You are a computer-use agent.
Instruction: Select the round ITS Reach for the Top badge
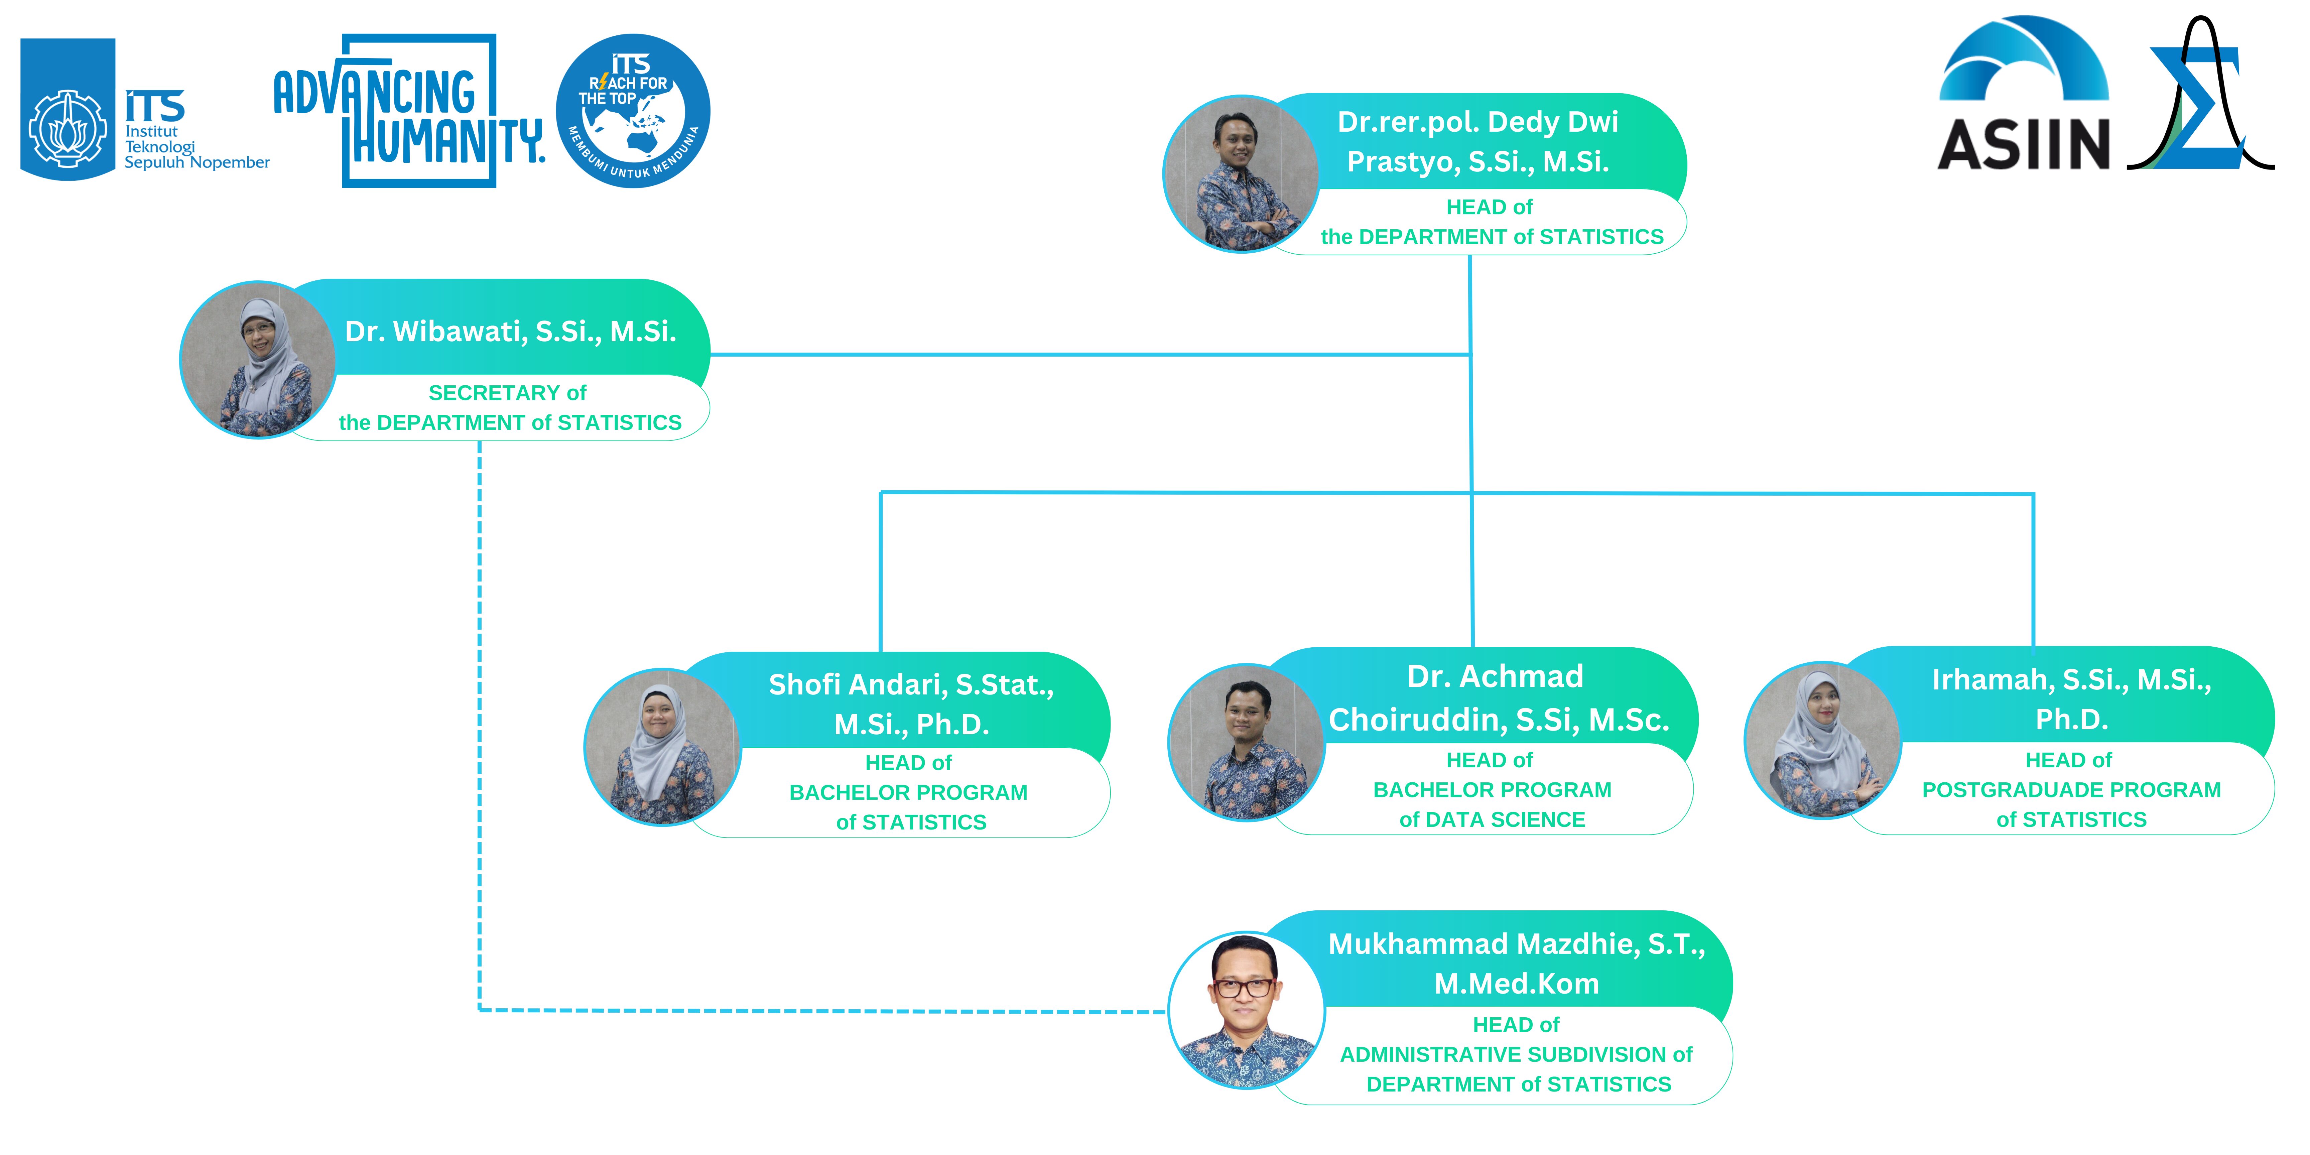[633, 111]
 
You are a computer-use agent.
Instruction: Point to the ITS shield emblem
[67, 109]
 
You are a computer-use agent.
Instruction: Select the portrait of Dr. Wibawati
[258, 360]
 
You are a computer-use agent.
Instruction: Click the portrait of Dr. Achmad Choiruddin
[1247, 743]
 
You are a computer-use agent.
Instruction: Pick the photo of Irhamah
[1822, 740]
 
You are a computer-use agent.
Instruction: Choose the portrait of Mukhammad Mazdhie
[1247, 1011]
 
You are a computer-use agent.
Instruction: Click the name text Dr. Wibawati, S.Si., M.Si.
[510, 332]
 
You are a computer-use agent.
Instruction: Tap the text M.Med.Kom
[1516, 984]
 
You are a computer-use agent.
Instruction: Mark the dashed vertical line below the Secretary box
[480, 718]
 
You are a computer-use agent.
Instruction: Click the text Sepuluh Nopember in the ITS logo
[197, 162]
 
